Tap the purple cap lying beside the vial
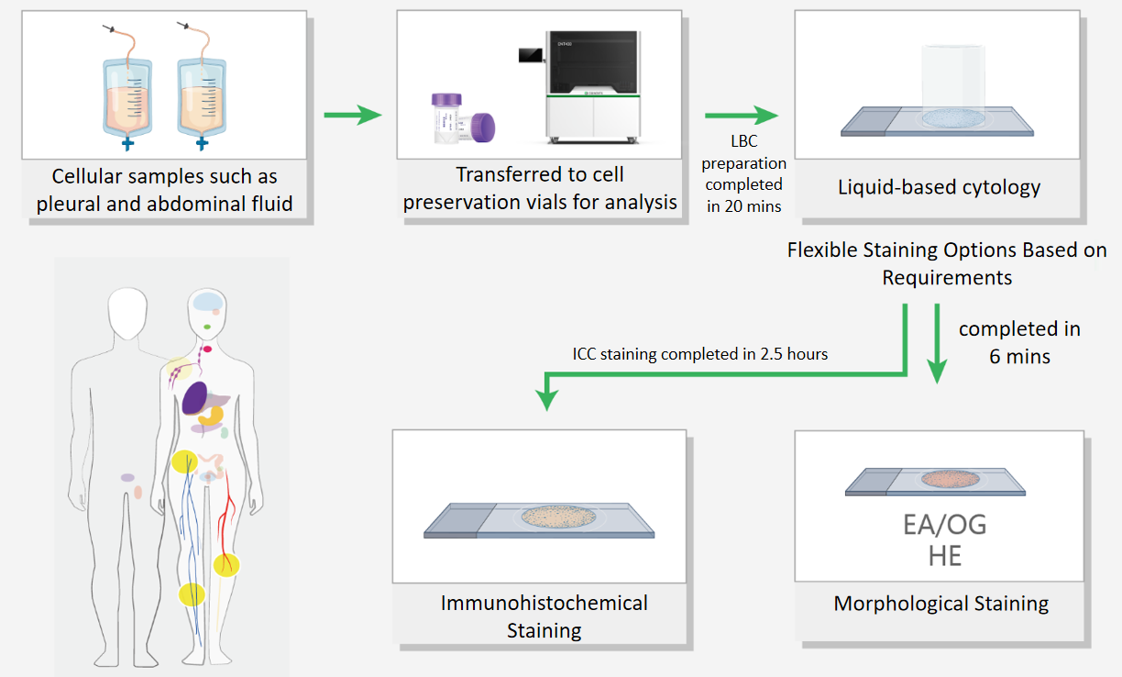pyautogui.click(x=483, y=128)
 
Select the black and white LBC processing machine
pyautogui.click(x=593, y=87)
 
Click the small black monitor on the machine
pyautogui.click(x=531, y=55)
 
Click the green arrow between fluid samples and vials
pyautogui.click(x=353, y=115)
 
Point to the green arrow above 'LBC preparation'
pyautogui.click(x=742, y=116)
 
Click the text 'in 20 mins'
pyautogui.click(x=743, y=206)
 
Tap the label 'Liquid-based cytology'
pyautogui.click(x=940, y=187)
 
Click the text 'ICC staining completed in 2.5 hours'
pyautogui.click(x=699, y=354)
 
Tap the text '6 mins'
pyautogui.click(x=1019, y=356)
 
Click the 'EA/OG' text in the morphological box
pyautogui.click(x=945, y=525)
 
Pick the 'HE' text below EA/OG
pyautogui.click(x=945, y=556)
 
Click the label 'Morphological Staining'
pyautogui.click(x=941, y=604)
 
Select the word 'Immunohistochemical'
pyautogui.click(x=544, y=604)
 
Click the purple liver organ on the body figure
pyautogui.click(x=195, y=398)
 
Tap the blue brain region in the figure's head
pyautogui.click(x=208, y=302)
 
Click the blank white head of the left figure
pyautogui.click(x=127, y=313)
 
